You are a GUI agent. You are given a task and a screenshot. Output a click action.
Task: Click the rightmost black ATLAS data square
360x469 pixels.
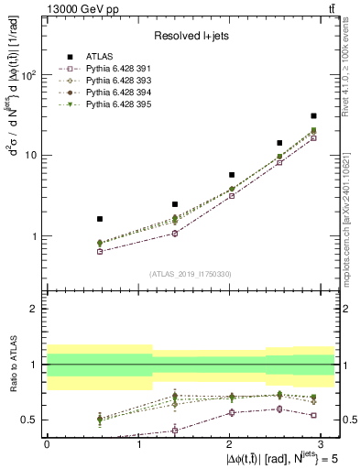(x=314, y=116)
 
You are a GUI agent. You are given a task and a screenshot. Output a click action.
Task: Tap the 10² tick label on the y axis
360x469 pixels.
(x=28, y=75)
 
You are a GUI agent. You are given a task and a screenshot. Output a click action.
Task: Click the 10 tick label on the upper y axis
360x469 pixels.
(x=31, y=156)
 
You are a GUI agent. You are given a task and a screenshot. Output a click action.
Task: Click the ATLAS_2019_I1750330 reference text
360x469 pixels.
(x=190, y=274)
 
